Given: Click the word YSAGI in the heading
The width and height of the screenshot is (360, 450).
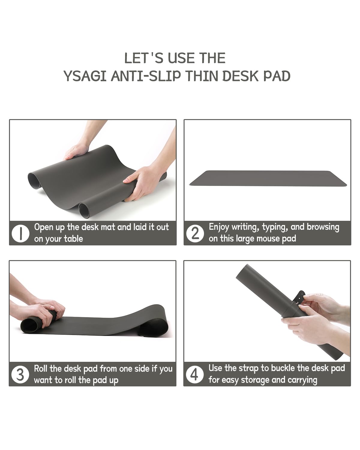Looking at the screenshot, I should [x=85, y=76].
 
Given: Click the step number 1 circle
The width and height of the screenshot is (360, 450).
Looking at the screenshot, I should [x=20, y=233].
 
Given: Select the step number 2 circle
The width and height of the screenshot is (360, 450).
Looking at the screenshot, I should [x=195, y=233].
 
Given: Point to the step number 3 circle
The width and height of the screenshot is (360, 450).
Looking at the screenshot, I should [x=20, y=374].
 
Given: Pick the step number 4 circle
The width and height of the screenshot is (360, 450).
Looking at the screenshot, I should [x=195, y=374].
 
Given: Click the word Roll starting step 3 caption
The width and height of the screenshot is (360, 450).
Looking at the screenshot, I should [x=41, y=368].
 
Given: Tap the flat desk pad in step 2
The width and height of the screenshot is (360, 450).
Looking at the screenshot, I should [x=268, y=178].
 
